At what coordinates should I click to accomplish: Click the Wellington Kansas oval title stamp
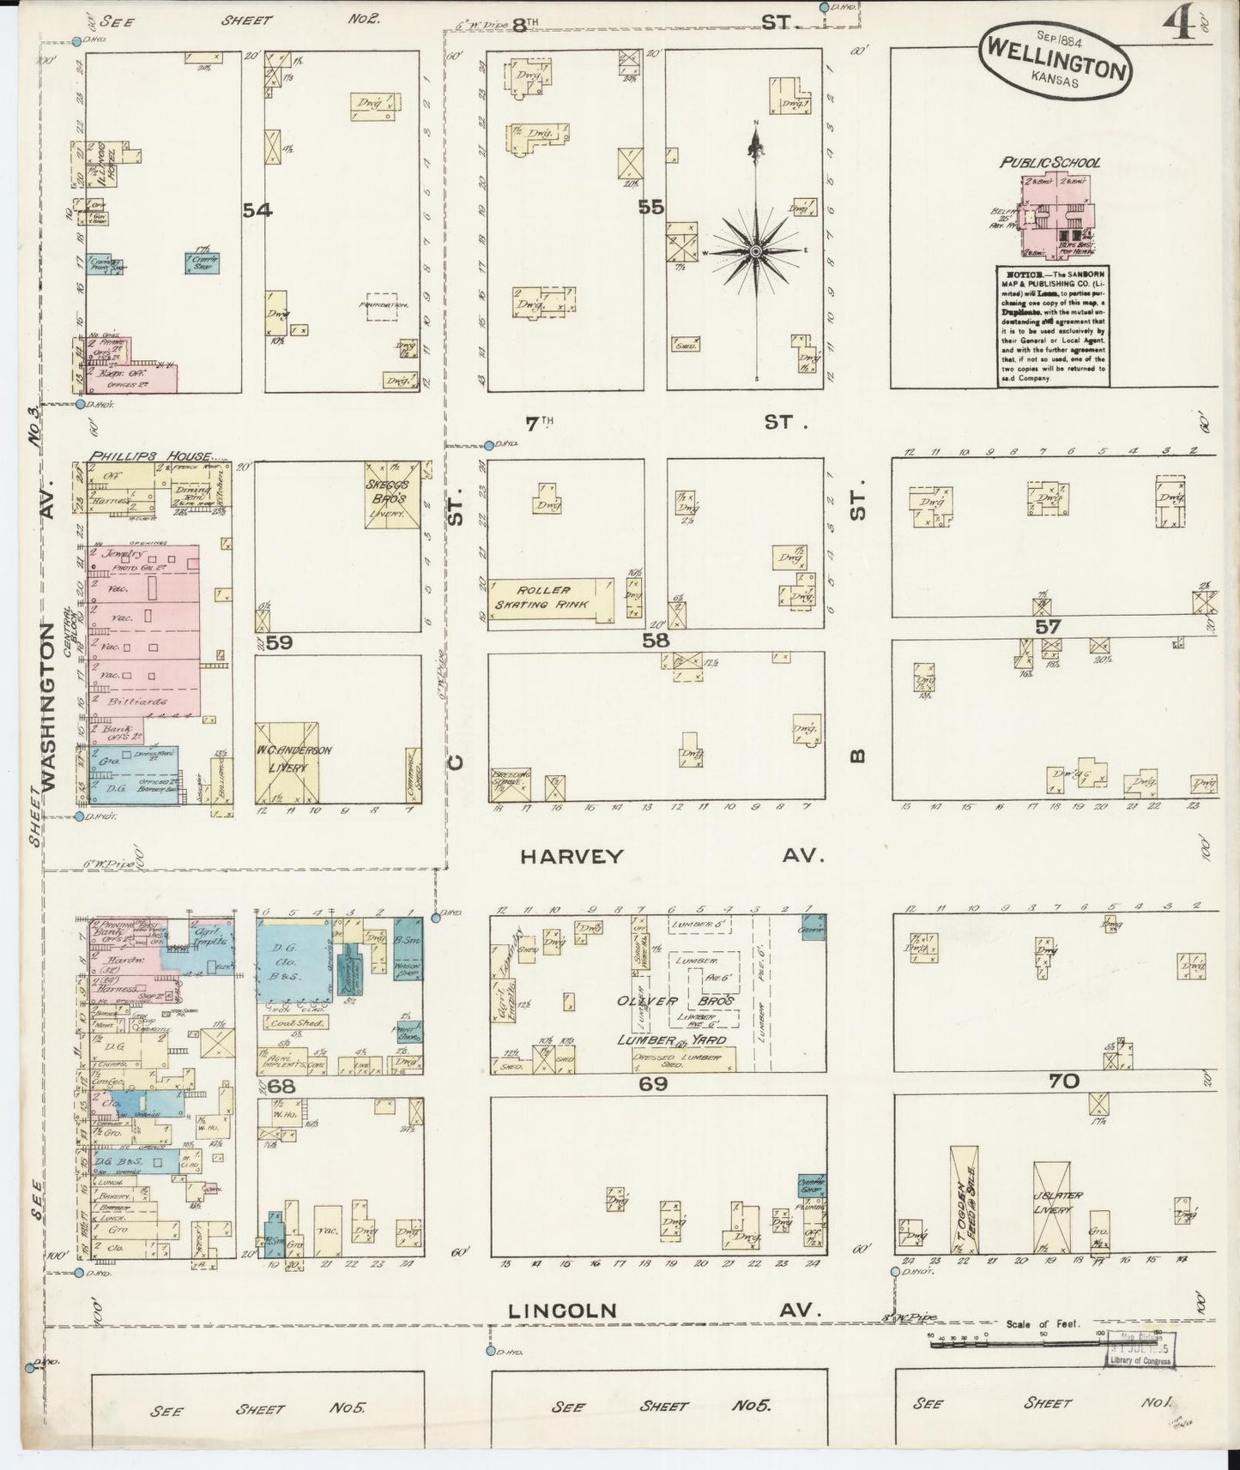point(1055,60)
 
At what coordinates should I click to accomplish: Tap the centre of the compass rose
point(756,250)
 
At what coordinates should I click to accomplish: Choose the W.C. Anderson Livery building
point(288,761)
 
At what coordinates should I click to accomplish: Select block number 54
point(257,209)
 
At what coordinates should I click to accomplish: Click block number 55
point(651,207)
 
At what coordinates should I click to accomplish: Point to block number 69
point(653,1084)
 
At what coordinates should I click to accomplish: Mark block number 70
point(1063,1081)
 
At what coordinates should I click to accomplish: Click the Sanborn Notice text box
point(1052,326)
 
